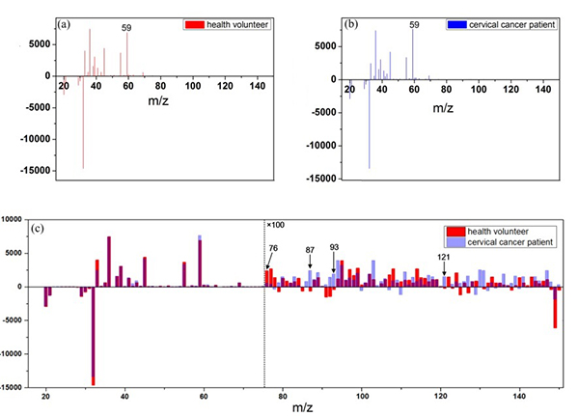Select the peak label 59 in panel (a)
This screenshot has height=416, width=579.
pos(126,28)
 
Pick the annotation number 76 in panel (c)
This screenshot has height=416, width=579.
pos(273,248)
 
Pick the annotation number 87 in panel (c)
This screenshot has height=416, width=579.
pos(310,250)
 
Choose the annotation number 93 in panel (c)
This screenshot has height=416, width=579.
pos(335,247)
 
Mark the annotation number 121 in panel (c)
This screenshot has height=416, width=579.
pos(444,257)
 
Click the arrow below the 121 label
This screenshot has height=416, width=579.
pos(444,270)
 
